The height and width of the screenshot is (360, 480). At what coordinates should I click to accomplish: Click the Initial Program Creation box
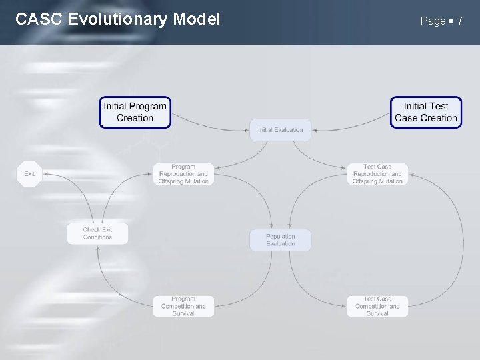pos(135,112)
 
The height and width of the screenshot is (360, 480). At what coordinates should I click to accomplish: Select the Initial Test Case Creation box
pos(425,112)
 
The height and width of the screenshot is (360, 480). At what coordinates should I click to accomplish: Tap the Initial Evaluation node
pos(280,130)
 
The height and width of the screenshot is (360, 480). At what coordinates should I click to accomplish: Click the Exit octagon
pos(29,174)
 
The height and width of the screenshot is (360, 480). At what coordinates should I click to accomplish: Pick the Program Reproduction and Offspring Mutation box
pos(183,174)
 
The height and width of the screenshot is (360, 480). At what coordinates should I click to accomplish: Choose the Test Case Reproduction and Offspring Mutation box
pos(377,174)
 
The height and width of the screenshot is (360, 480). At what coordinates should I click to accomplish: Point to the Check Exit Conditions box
pos(97,233)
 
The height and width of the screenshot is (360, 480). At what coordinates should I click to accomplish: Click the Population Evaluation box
pos(280,240)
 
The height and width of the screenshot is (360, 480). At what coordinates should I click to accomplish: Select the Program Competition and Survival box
pos(183,306)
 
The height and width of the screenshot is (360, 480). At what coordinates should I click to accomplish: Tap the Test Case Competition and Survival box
pos(377,306)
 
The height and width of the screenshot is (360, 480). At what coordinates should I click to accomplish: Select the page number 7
pos(459,21)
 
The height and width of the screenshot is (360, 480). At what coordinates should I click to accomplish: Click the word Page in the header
pos(433,21)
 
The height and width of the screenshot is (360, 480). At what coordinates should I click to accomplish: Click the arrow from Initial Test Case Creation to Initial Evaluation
pos(353,124)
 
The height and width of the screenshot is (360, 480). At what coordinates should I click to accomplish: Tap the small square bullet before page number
pos(451,21)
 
